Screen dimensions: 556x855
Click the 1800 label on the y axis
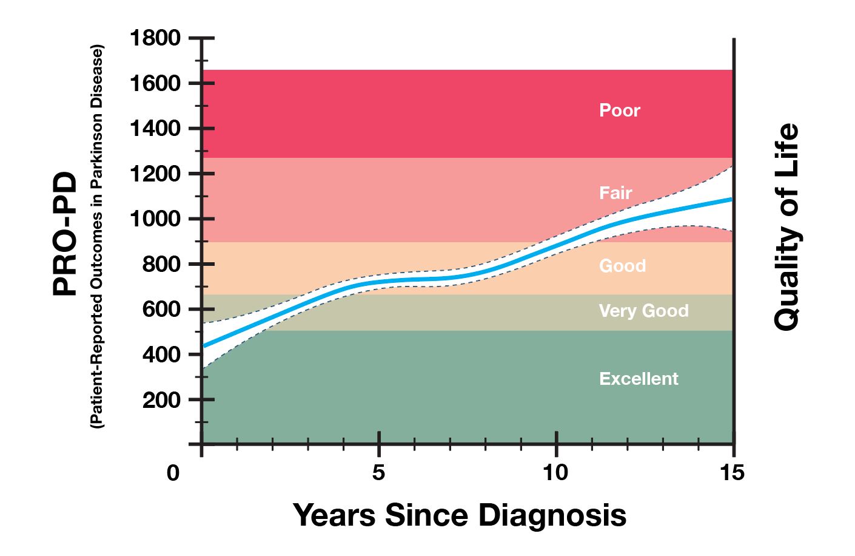click(x=155, y=38)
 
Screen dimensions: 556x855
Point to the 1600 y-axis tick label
click(x=155, y=83)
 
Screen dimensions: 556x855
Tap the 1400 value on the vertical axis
click(x=155, y=129)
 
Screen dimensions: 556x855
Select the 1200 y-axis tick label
click(x=155, y=174)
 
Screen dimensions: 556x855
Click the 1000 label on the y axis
click(x=155, y=219)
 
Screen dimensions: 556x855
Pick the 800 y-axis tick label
click(x=161, y=265)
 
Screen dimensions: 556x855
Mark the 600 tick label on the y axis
click(x=161, y=310)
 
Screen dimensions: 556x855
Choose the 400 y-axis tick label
click(x=161, y=354)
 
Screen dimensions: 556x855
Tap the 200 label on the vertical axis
click(x=161, y=400)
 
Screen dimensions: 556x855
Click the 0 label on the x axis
click(x=173, y=473)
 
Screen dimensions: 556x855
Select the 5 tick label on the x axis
click(x=378, y=473)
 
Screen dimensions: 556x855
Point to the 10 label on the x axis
click(x=555, y=473)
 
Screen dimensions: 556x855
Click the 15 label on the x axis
click(x=733, y=473)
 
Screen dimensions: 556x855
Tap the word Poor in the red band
click(x=619, y=110)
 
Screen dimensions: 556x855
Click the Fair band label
click(x=615, y=193)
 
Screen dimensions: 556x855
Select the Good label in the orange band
click(x=622, y=266)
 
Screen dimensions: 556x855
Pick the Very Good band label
click(x=643, y=311)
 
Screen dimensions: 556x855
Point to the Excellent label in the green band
click(x=639, y=379)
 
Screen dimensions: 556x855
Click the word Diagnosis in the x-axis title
click(x=552, y=515)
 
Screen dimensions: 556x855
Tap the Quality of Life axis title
click(x=786, y=227)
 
